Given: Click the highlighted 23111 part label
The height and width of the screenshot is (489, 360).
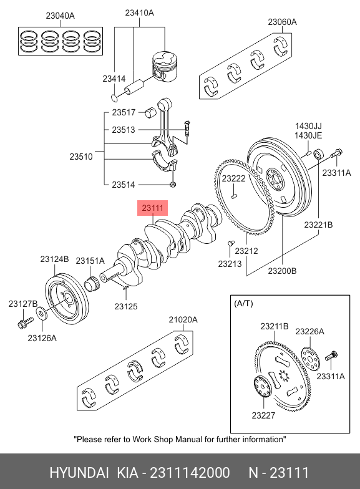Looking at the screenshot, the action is click(152, 208).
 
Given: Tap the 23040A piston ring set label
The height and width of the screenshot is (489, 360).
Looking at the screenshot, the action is click(60, 16).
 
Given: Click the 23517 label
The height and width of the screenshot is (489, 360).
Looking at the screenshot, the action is click(124, 112).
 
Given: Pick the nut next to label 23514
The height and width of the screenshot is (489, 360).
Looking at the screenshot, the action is click(172, 185).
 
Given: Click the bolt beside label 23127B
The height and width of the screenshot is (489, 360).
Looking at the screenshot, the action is click(25, 322).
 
